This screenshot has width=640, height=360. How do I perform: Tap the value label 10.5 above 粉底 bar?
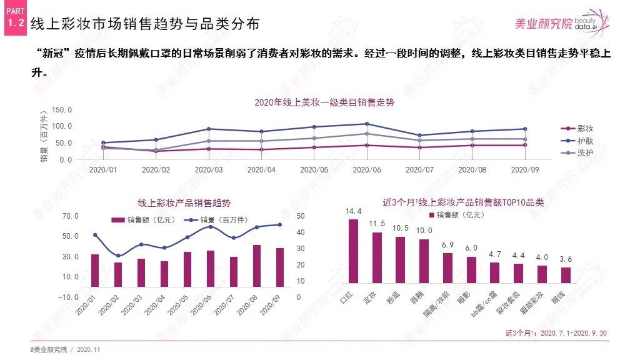tap(401, 227)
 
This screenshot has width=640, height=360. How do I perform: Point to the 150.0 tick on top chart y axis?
tap(62, 109)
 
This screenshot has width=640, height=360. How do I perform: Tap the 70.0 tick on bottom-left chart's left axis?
tap(71, 216)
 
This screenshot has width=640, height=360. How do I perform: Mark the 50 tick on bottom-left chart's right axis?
tap(300, 216)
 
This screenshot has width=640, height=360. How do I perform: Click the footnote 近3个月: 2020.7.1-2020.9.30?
tap(556, 333)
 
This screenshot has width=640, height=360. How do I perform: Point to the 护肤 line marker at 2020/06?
tap(367, 124)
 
